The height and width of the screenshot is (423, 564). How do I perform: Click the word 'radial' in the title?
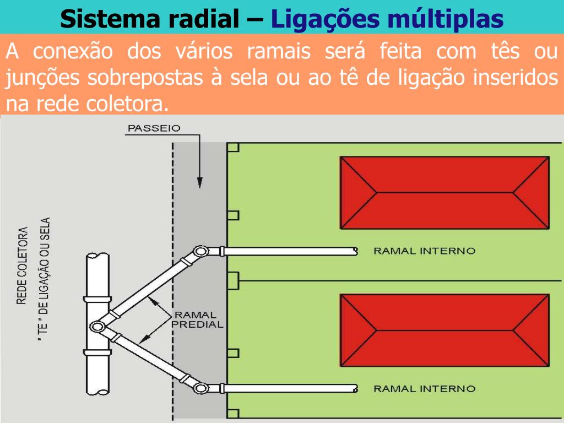[x=204, y=19]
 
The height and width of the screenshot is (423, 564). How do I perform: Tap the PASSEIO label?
[x=154, y=128]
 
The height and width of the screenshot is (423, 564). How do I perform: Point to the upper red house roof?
[x=444, y=193]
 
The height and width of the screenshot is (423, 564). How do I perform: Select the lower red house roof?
[x=444, y=330]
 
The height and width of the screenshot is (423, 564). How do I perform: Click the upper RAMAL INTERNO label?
[x=424, y=251]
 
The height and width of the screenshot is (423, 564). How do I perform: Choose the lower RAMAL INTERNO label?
[x=424, y=389]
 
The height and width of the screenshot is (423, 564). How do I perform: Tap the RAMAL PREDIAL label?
[x=197, y=319]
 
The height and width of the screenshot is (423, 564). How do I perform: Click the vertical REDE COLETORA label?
[x=23, y=265]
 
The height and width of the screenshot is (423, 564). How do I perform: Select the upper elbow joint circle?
[x=200, y=252]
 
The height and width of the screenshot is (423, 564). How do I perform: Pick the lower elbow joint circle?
[x=200, y=389]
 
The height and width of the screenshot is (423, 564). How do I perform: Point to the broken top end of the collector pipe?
[x=97, y=256]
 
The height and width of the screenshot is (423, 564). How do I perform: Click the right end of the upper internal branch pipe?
[x=355, y=251]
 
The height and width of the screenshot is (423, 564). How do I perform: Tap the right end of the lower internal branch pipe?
[x=355, y=389]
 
